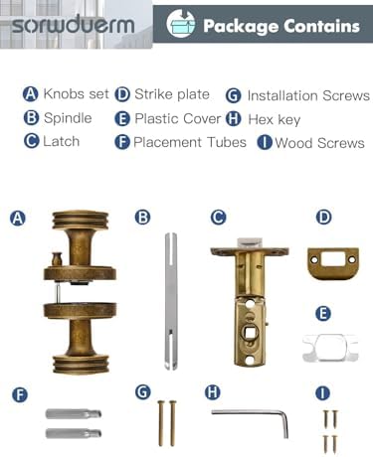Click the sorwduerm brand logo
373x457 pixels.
[74, 25]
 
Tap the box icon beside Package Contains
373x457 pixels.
[181, 23]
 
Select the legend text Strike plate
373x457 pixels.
[172, 94]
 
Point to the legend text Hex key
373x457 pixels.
[275, 119]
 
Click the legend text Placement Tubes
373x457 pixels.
[190, 142]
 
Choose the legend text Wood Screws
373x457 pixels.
[319, 143]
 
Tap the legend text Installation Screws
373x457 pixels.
[308, 95]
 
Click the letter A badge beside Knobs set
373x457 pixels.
[31, 94]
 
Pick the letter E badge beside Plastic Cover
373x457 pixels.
[122, 119]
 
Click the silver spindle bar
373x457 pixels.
[171, 301]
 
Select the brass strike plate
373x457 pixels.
[333, 263]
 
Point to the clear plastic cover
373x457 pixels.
[330, 348]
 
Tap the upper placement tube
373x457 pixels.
[74, 414]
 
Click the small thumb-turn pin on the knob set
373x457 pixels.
[57, 259]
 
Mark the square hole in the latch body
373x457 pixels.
[250, 332]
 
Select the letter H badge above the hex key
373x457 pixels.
[213, 392]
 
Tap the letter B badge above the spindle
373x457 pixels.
[143, 218]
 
